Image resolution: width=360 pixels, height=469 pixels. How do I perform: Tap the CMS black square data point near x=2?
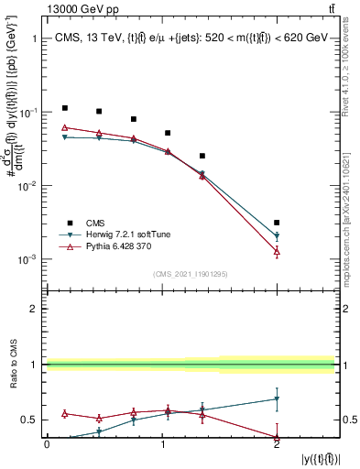coord(277,223)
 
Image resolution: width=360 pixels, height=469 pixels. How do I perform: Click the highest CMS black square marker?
coord(64,108)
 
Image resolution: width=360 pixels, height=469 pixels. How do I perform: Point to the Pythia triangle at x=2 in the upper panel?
coord(277,251)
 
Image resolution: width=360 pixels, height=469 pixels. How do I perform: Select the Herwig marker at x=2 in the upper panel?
coord(277,236)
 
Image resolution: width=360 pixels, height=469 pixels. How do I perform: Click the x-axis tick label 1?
coord(161,444)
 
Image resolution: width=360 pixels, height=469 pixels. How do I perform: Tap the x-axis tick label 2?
coord(277,444)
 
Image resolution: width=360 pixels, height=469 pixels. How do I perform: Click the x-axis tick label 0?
coord(47,444)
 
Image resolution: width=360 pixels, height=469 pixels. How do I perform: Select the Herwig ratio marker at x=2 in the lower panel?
coord(277,398)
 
